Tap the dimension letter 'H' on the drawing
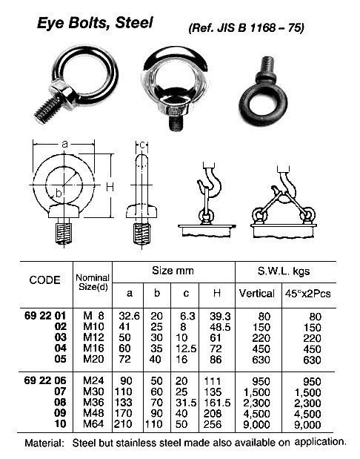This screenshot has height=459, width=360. [x=109, y=188]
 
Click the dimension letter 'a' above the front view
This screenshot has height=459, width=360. [x=65, y=143]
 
